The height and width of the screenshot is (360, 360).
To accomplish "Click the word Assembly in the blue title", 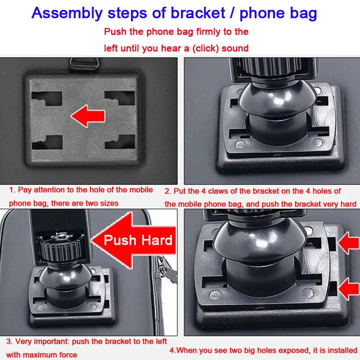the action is pyautogui.click(x=67, y=13).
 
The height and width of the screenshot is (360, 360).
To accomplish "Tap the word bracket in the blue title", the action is pyautogui.click(x=198, y=13).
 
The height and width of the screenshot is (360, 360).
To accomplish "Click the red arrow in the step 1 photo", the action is pyautogui.click(x=88, y=116).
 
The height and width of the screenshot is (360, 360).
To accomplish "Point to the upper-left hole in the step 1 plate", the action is pyautogui.click(x=47, y=99).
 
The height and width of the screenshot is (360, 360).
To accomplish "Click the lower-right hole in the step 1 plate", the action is pyautogui.click(x=120, y=142).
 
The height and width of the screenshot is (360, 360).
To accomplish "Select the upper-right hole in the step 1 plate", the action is pyautogui.click(x=120, y=98).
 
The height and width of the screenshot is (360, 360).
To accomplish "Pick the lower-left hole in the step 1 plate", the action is pyautogui.click(x=47, y=142).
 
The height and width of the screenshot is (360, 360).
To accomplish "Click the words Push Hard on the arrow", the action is pyautogui.click(x=138, y=240).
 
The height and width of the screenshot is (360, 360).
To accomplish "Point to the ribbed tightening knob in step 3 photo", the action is pyautogui.click(x=61, y=248).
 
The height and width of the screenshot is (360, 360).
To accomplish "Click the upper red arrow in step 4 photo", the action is pyautogui.click(x=348, y=243).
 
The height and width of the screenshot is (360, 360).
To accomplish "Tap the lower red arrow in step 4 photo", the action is pyautogui.click(x=348, y=288).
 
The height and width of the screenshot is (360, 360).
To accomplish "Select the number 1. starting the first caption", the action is pyautogui.click(x=13, y=190).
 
